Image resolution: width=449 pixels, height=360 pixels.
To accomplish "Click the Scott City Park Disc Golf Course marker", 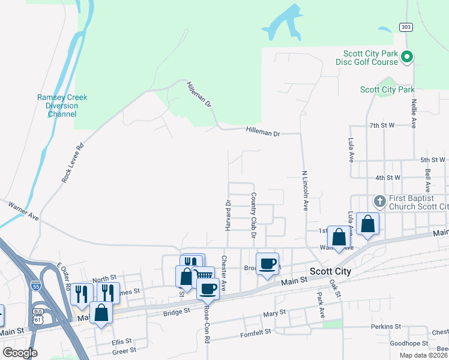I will click(x=407, y=58).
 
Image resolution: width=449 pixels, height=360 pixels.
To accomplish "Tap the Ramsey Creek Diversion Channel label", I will click(x=62, y=106).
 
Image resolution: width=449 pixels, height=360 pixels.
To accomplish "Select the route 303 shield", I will click(x=406, y=27).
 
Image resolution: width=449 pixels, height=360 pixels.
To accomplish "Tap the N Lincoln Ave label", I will click(x=304, y=188).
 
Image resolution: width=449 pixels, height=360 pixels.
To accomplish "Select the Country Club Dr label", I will click(x=254, y=215).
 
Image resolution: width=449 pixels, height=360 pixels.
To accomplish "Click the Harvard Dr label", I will click(x=228, y=214).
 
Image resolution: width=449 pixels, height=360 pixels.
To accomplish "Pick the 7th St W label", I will click(x=382, y=125).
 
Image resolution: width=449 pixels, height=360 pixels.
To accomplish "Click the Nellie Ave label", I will click(x=414, y=113).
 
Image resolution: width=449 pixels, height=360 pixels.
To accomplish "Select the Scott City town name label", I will click(x=330, y=272).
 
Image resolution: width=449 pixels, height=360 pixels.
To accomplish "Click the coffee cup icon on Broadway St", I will click(x=268, y=262).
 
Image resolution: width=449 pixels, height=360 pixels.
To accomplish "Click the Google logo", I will click(x=20, y=353).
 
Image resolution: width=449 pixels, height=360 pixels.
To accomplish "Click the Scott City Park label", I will click(x=387, y=90).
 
